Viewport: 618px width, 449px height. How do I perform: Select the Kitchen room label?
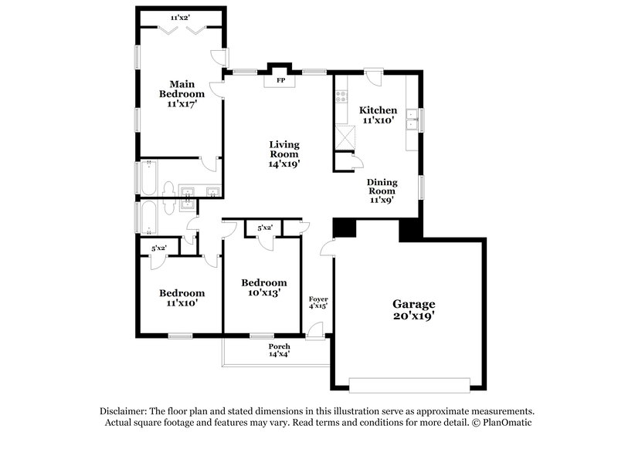click(379, 115)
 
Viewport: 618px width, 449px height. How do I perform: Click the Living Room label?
click(284, 154)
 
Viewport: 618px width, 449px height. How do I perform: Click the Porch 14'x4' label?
click(279, 350)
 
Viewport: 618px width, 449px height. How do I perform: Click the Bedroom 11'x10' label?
click(182, 298)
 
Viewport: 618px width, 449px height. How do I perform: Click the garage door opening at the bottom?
click(409, 383)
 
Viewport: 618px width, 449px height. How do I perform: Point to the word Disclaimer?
click(127, 411)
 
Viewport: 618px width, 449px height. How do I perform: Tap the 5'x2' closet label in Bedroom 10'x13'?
click(264, 227)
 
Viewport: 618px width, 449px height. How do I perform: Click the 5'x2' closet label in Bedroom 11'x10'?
click(159, 248)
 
